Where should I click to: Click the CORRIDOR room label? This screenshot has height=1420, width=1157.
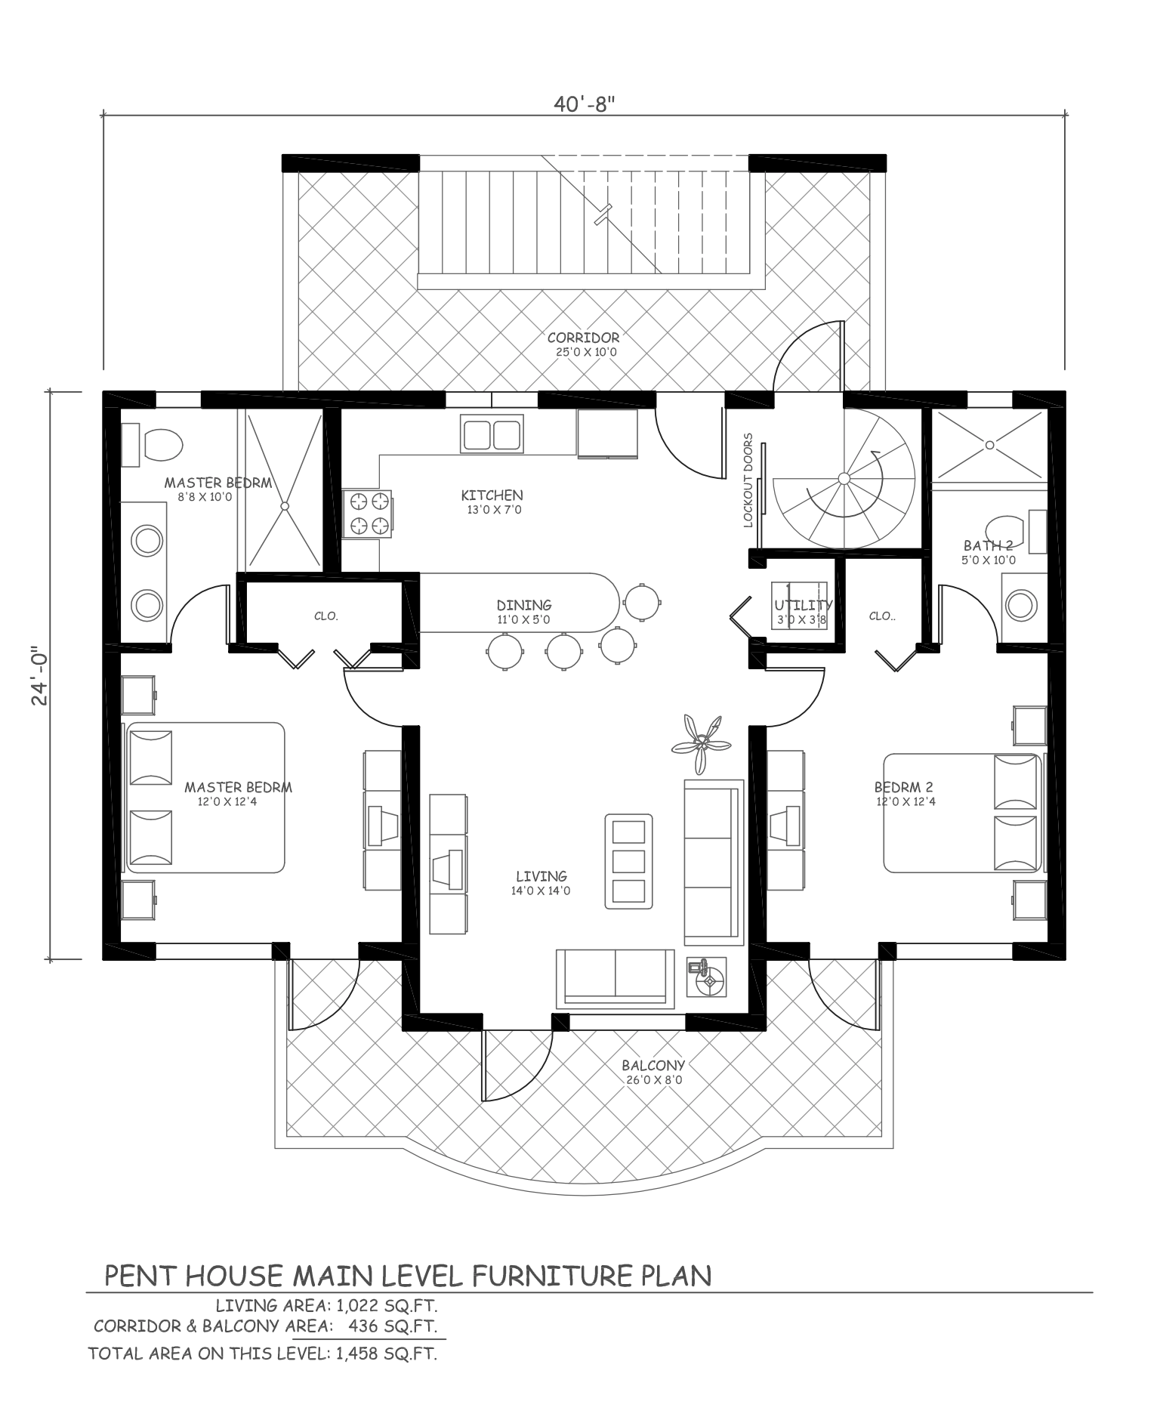(x=583, y=338)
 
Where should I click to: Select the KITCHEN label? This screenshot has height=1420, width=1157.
(x=492, y=495)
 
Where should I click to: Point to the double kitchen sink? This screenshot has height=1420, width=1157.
(x=492, y=434)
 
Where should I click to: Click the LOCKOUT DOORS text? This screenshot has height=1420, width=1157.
(x=748, y=480)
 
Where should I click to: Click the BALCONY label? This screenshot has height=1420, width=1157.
(x=653, y=1066)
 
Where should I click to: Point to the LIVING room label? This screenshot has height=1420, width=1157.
(x=541, y=876)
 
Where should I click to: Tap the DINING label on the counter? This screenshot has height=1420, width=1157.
(x=524, y=605)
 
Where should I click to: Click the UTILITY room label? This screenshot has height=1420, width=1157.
(x=803, y=605)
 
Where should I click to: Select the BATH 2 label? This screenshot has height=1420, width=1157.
(x=988, y=545)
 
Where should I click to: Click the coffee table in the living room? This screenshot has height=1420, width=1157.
(x=628, y=861)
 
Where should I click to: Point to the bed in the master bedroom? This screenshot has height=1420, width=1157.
(x=205, y=798)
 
